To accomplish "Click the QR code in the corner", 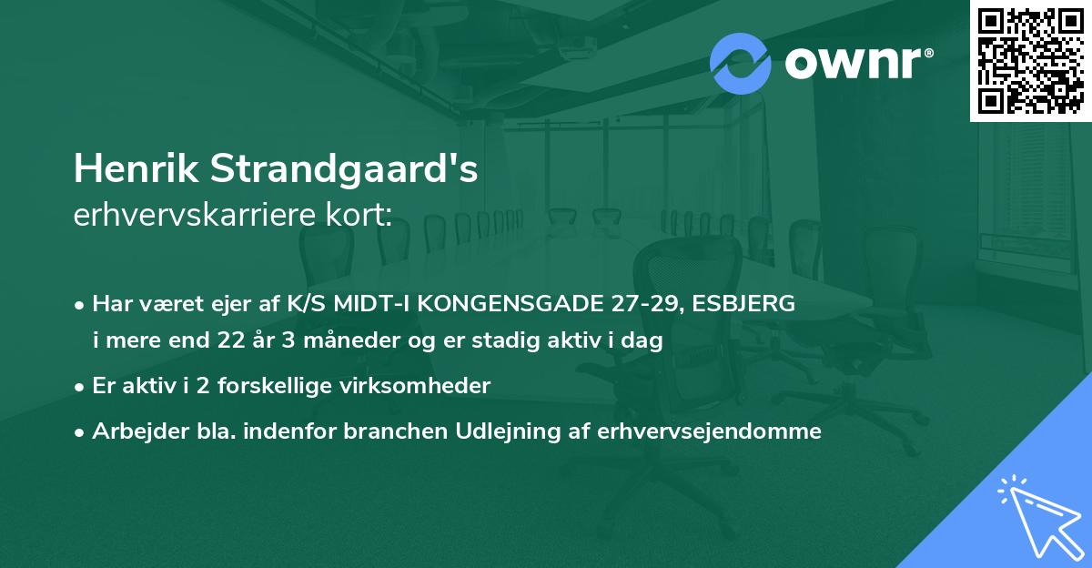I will pos(1031,61).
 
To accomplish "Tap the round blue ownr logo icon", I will pos(740,63).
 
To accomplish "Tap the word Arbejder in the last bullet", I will pos(133,431).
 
